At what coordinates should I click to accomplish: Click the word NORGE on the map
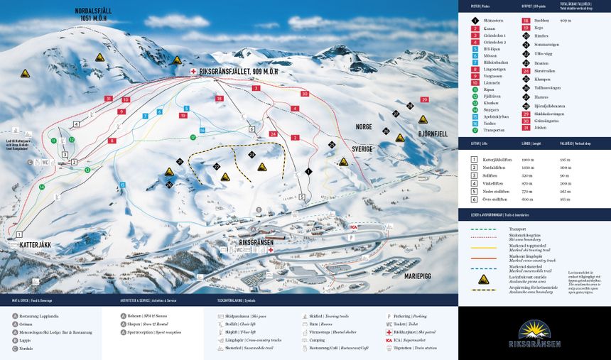pos(364,126)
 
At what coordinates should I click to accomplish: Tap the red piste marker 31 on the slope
pos(108,99)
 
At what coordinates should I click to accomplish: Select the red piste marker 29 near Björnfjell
pos(424,99)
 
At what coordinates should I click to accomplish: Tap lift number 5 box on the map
pos(302,197)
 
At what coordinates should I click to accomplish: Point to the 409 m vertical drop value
pos(566,21)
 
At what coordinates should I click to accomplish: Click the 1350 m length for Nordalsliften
pos(528,168)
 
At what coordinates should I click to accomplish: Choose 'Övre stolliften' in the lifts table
pos(497,200)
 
